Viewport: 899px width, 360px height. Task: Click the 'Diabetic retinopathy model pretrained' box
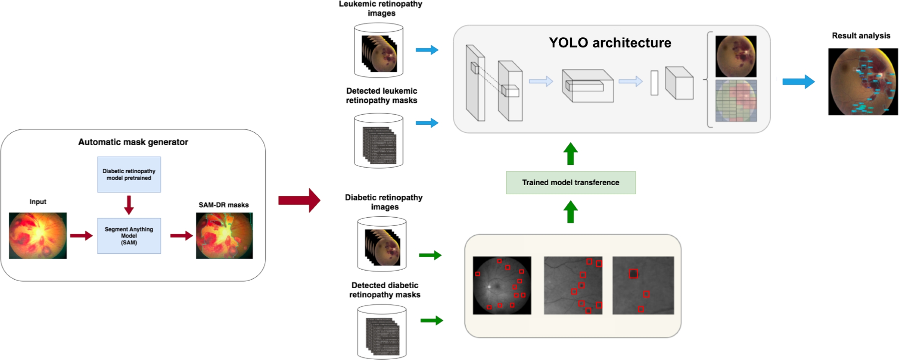129,174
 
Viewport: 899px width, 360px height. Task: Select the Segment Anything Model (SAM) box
129,236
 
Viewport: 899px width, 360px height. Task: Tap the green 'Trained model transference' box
570,182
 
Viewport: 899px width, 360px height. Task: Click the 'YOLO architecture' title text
610,43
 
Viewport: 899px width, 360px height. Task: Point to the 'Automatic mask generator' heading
133,142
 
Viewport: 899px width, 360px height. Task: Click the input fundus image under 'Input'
38,235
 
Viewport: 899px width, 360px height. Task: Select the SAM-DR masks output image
224,235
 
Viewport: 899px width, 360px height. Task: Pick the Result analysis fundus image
863,82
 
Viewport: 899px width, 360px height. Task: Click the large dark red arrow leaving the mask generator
299,200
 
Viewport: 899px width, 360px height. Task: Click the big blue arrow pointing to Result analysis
798,82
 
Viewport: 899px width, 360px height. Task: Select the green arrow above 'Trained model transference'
570,154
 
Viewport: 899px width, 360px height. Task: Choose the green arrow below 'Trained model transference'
570,212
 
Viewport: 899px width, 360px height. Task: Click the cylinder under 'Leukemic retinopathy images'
378,50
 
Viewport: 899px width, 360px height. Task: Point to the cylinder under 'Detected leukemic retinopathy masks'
378,141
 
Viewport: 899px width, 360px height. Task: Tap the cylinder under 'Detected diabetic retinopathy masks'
382,332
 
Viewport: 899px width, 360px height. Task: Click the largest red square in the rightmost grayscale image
633,274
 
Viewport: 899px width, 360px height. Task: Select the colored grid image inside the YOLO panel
736,101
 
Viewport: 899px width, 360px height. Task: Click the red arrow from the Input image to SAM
81,236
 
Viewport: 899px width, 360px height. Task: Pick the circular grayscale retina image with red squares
502,285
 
